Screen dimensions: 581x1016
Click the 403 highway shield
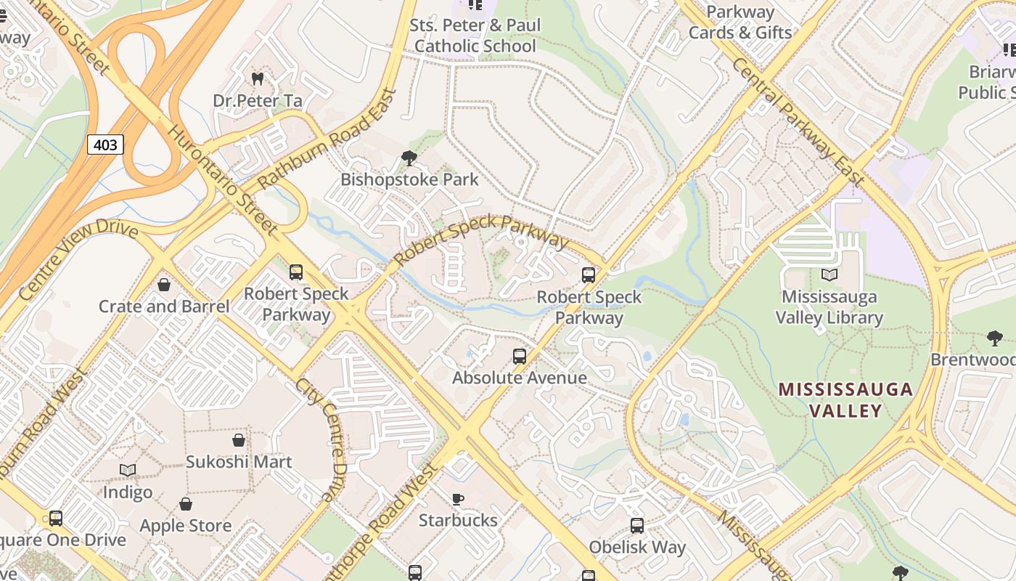(x=105, y=145)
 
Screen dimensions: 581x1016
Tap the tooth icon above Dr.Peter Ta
(x=257, y=78)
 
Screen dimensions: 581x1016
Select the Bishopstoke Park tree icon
(x=409, y=158)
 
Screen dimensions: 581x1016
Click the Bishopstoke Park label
(x=409, y=179)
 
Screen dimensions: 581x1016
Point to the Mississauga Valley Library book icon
(x=829, y=275)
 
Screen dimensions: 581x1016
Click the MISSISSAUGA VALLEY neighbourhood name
(x=845, y=400)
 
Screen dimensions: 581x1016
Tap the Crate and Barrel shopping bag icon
(x=164, y=285)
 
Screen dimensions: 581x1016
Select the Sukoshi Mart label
(x=239, y=462)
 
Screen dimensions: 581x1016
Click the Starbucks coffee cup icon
(x=458, y=499)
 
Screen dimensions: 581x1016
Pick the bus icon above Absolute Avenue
(x=520, y=356)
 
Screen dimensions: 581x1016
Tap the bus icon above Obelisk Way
(x=637, y=525)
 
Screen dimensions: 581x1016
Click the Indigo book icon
(x=128, y=471)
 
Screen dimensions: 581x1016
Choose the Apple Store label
(x=186, y=526)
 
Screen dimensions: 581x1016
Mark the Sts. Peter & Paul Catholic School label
(x=475, y=36)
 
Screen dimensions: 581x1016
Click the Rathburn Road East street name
(x=328, y=138)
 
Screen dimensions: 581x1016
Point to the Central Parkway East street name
(x=798, y=122)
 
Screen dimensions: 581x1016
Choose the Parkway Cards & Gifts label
(x=740, y=23)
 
